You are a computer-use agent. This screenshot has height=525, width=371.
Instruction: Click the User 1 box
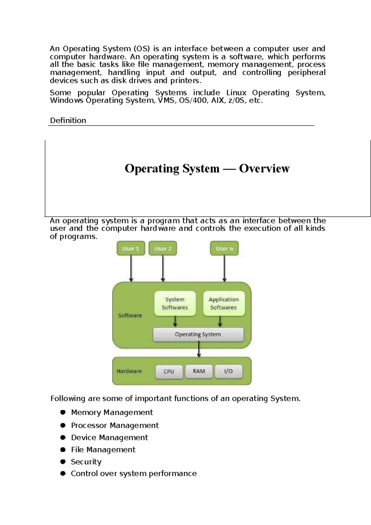pos(130,249)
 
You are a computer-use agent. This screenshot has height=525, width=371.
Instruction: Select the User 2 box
pos(163,249)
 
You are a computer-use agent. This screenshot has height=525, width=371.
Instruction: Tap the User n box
pos(224,249)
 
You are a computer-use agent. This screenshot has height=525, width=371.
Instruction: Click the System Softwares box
pos(175,303)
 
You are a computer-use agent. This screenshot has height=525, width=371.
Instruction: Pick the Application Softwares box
pos(224,303)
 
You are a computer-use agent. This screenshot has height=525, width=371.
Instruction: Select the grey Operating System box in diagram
pos(198,334)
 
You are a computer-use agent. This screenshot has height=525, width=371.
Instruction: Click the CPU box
pos(169,371)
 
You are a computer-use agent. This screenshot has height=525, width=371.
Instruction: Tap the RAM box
pos(199,371)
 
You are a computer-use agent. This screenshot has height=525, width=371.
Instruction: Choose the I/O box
pos(228,371)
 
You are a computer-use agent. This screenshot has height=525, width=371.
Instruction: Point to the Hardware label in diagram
pos(129,371)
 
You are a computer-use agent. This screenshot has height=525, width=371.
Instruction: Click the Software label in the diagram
pos(130,315)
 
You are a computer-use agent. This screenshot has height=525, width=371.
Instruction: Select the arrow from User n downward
pos(224,268)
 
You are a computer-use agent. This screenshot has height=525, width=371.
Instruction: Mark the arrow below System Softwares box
pos(175,321)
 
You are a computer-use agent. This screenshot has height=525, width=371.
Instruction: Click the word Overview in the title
pos(264,168)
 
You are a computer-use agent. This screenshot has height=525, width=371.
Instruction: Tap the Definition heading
pos(68,120)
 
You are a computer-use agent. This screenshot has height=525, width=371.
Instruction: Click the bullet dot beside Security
pos(63,462)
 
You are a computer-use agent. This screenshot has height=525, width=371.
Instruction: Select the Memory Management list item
pos(112,412)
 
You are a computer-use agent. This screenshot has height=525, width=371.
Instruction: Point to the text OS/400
pos(193,100)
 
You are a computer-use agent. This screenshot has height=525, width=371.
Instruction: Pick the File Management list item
pos(103,449)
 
